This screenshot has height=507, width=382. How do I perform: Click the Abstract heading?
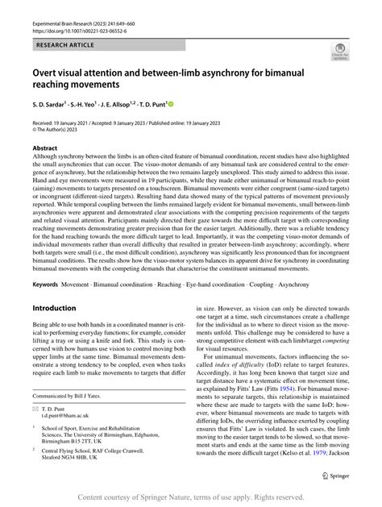(x=44, y=148)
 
